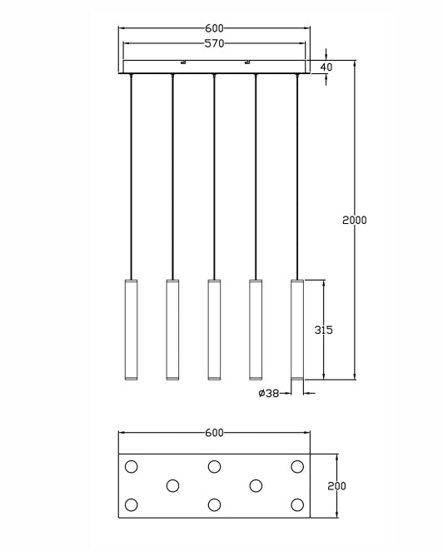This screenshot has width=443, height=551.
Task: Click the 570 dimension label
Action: [214, 43]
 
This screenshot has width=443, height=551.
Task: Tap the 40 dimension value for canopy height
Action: [326, 67]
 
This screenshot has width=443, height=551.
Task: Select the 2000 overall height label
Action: [355, 221]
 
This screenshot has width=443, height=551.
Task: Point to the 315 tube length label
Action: [323, 330]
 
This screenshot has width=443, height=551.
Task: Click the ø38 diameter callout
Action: [269, 393]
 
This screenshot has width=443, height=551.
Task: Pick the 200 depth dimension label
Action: [336, 486]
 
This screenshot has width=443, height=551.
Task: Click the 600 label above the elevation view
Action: [214, 27]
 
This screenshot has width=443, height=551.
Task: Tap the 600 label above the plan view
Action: [214, 433]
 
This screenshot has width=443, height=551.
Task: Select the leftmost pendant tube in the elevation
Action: [131, 330]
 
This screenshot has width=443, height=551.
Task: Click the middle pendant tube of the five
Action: [214, 330]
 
